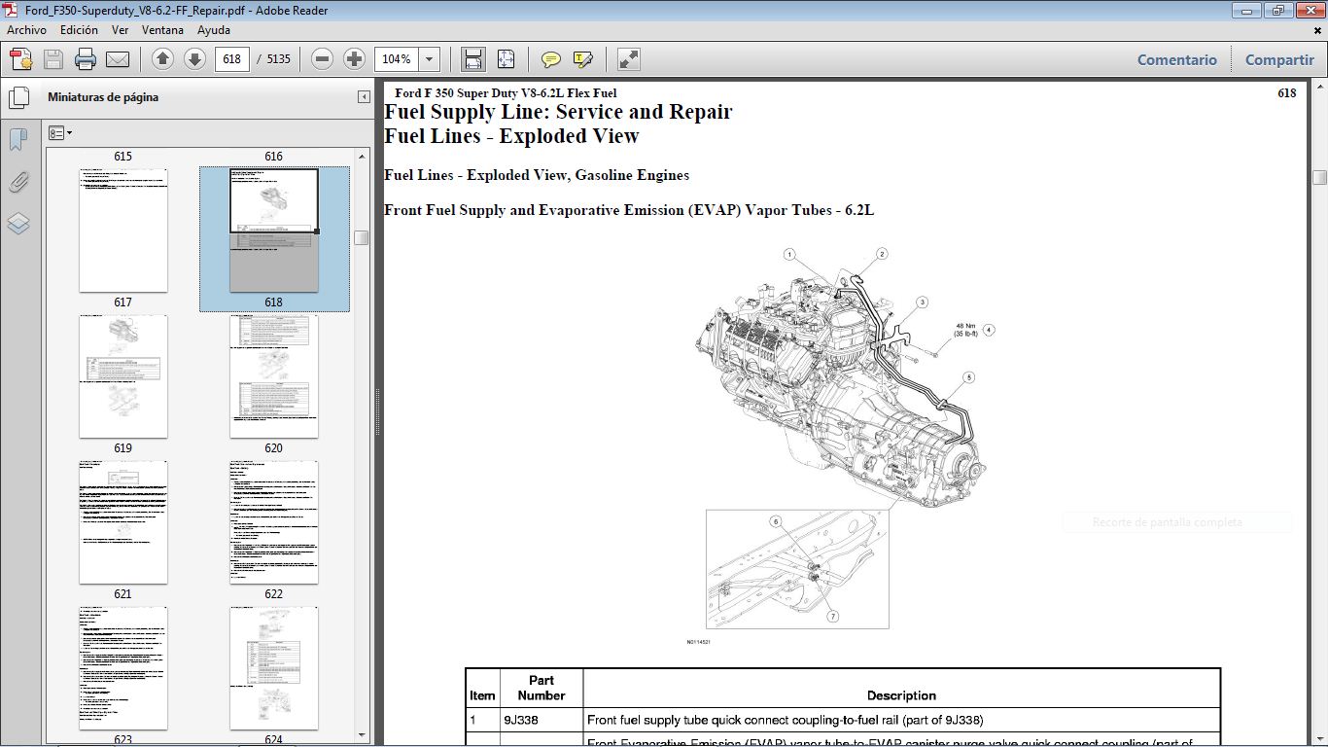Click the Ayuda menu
[213, 30]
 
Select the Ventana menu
[162, 30]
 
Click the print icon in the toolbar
[86, 59]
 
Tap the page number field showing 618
[232, 59]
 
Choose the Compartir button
[1279, 59]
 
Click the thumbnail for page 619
[122, 375]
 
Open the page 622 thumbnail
[273, 521]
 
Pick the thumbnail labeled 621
[122, 521]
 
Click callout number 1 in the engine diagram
[790, 254]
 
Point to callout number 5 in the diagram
[968, 377]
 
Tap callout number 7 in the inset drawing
[833, 616]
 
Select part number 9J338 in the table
[521, 721]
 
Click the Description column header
[901, 695]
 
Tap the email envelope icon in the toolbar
[118, 59]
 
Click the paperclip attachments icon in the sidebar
[18, 182]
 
